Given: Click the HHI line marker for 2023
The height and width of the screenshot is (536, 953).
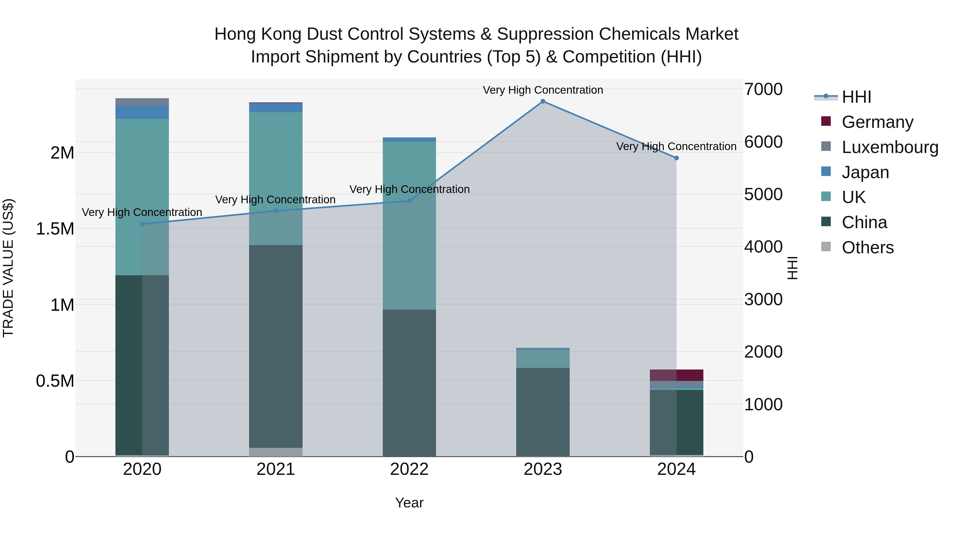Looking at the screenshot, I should (543, 101).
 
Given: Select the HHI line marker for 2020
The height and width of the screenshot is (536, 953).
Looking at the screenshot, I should (142, 224).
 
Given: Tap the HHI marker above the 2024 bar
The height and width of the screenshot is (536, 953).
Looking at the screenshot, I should (676, 158).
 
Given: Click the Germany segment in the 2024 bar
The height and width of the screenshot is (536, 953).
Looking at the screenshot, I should (676, 375).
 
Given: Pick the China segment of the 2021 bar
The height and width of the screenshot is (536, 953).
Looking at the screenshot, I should (276, 346).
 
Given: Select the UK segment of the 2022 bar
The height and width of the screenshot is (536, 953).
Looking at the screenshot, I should (409, 225).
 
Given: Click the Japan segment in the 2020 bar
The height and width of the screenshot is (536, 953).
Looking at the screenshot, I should (142, 112).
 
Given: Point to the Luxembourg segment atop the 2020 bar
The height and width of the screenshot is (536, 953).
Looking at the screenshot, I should (142, 102).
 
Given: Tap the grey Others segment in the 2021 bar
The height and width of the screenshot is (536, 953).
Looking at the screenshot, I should (276, 452).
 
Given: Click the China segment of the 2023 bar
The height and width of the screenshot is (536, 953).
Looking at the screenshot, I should (543, 412).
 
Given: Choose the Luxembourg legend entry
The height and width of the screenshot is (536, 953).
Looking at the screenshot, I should (889, 147).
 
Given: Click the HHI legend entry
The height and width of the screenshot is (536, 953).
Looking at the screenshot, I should (856, 97).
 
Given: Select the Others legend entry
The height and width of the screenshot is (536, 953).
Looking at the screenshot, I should (867, 247).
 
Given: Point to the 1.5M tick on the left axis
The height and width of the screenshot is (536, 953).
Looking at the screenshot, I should (55, 229).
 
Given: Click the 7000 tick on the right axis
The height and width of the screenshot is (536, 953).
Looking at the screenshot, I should (763, 89).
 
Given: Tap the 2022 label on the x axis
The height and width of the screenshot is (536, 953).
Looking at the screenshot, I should (409, 469).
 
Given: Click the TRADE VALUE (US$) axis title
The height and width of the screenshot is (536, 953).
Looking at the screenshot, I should (8, 268).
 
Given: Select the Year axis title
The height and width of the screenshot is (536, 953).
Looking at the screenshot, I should (409, 503).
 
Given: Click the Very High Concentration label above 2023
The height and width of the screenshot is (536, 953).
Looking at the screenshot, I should (543, 90).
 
